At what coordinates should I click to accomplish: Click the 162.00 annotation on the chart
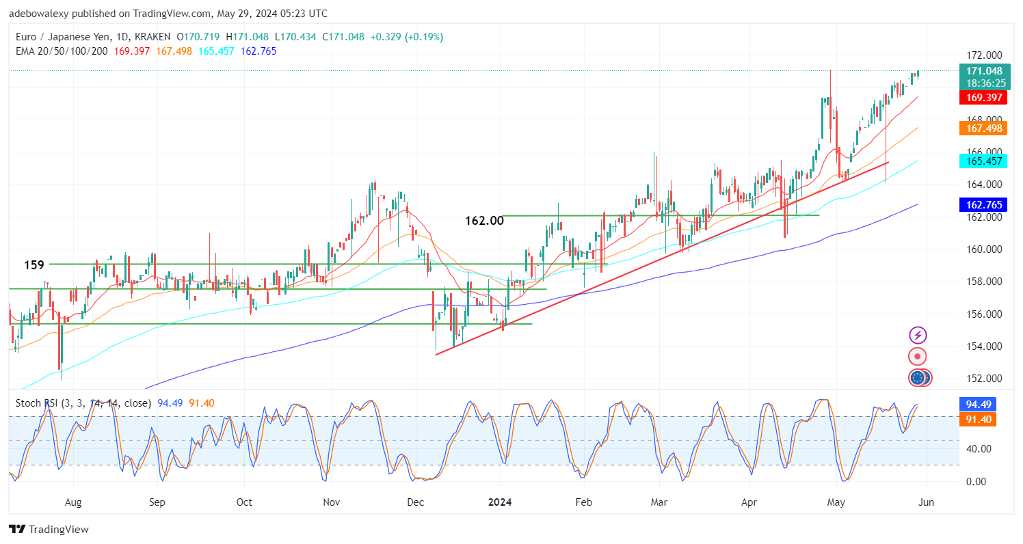coord(483,221)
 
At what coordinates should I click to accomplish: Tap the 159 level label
coord(34,264)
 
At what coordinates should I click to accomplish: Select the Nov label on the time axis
coord(331,502)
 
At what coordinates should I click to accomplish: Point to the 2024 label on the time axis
coord(500,502)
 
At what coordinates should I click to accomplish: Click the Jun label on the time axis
coord(925,502)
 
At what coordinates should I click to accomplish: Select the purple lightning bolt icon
coord(918,336)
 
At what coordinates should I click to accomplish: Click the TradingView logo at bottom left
coord(49,529)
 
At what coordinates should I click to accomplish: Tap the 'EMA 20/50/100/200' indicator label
coord(62,51)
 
